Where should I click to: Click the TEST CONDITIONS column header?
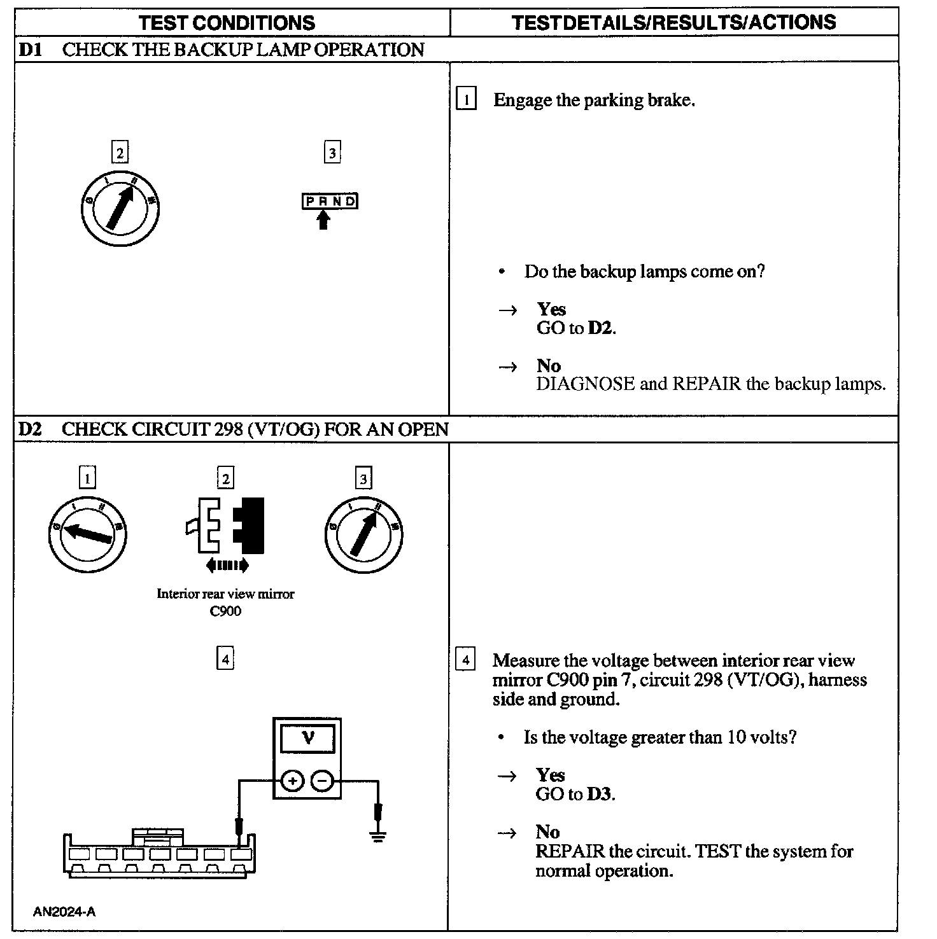click(x=227, y=24)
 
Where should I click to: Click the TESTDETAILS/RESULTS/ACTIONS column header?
click(x=673, y=23)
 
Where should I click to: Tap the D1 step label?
click(x=30, y=50)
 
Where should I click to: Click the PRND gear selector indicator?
click(x=330, y=202)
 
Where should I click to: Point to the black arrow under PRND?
click(x=324, y=220)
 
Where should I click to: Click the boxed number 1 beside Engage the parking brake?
click(x=466, y=100)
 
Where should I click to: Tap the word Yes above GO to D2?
click(x=551, y=309)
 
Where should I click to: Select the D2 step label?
click(x=30, y=429)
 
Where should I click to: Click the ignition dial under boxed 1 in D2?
click(x=87, y=534)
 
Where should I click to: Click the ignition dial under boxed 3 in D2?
click(x=363, y=534)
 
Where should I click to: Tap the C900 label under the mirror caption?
click(x=225, y=611)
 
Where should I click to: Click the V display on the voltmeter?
click(x=308, y=738)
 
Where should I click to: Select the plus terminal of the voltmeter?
click(x=292, y=781)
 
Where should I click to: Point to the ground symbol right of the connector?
click(x=378, y=835)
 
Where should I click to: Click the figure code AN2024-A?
click(x=64, y=912)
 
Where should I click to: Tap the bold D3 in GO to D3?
click(x=600, y=795)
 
